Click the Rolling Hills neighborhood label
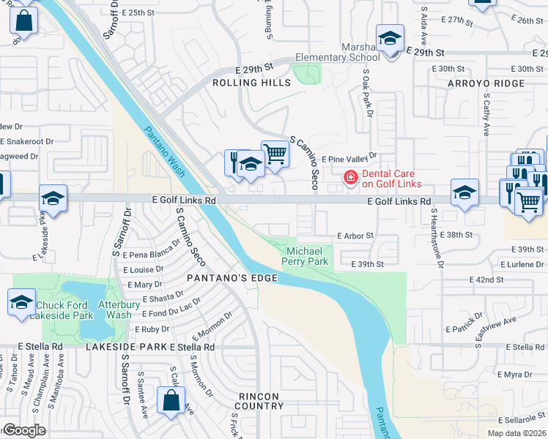[251, 83]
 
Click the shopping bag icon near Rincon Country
[170, 402]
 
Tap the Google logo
[24, 430]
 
